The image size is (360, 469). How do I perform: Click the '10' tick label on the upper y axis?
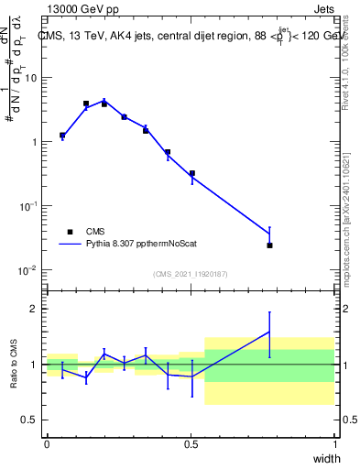pyautogui.click(x=32, y=78)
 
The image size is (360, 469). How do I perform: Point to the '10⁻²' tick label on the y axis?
pyautogui.click(x=30, y=270)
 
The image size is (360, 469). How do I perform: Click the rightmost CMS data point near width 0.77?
pyautogui.click(x=269, y=245)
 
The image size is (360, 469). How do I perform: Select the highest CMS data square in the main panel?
pyautogui.click(x=86, y=104)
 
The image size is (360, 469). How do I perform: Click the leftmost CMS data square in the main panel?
pyautogui.click(x=62, y=136)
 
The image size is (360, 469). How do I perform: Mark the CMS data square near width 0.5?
pyautogui.click(x=192, y=173)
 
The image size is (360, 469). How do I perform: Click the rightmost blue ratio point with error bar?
pyautogui.click(x=269, y=332)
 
